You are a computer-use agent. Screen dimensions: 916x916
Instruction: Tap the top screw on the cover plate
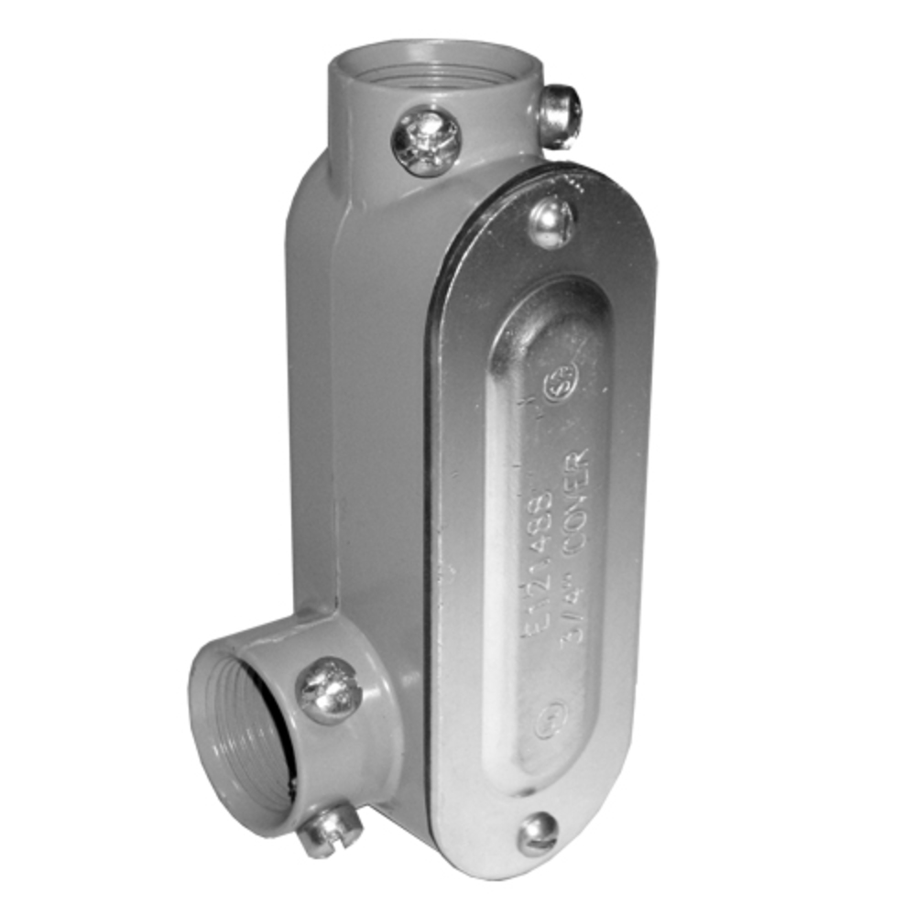552,223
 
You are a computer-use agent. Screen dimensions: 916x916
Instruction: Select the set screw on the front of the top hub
426,141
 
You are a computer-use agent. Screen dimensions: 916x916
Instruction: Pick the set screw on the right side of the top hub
561,115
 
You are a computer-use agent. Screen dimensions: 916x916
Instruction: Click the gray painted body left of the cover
366,412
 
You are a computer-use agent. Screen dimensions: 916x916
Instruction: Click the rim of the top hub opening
366,55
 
